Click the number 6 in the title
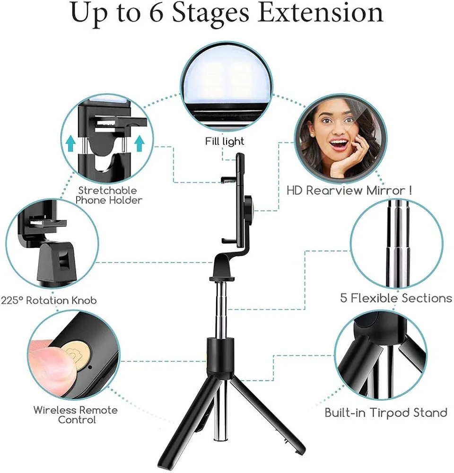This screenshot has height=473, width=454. pos(156,13)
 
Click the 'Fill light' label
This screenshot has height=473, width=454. pos(225,141)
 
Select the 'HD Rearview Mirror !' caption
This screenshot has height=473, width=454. pos(349,191)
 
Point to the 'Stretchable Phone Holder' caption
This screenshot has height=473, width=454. pos(110,195)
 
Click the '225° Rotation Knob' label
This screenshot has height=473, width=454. pos(49,300)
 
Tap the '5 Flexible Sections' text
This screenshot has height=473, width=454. pos(396,298)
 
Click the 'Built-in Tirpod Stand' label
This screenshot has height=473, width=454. pos(386,412)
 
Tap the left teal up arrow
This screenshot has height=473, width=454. pos(71,142)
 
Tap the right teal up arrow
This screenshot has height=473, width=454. pos(139,142)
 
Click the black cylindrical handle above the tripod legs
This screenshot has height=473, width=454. pos(220,352)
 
